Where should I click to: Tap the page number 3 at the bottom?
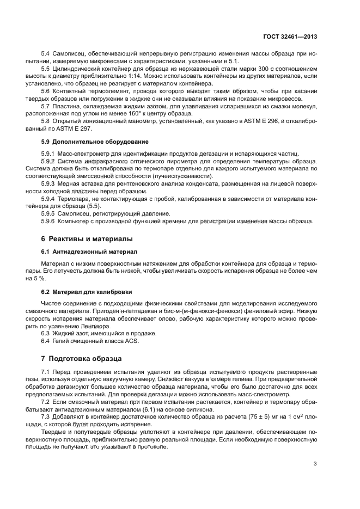[315, 464]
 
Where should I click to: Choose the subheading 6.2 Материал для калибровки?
[79, 292]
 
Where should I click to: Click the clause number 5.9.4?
[50, 199]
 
